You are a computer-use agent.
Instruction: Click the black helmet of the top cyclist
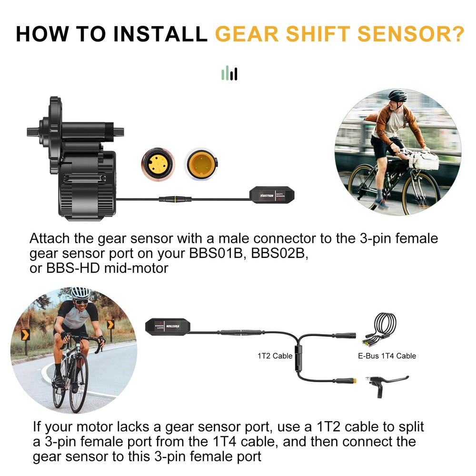pos(397,95)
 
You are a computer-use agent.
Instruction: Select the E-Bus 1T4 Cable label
pos(387,356)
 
